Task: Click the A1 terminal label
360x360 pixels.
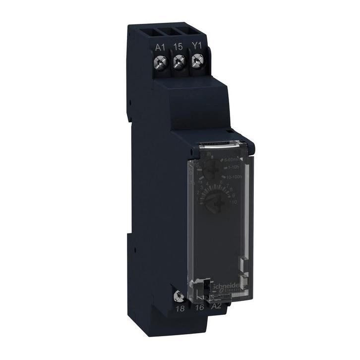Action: pyautogui.click(x=160, y=47)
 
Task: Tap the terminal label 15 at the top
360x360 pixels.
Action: pyautogui.click(x=178, y=47)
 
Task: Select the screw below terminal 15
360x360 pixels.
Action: pyautogui.click(x=178, y=61)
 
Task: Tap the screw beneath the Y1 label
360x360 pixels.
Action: pyautogui.click(x=196, y=60)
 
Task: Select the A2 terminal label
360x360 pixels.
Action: pyautogui.click(x=217, y=306)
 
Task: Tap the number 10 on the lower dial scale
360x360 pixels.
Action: pyautogui.click(x=235, y=203)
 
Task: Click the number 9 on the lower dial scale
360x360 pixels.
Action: pyautogui.click(x=234, y=195)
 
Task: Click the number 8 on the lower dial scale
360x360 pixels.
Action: pyautogui.click(x=231, y=189)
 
